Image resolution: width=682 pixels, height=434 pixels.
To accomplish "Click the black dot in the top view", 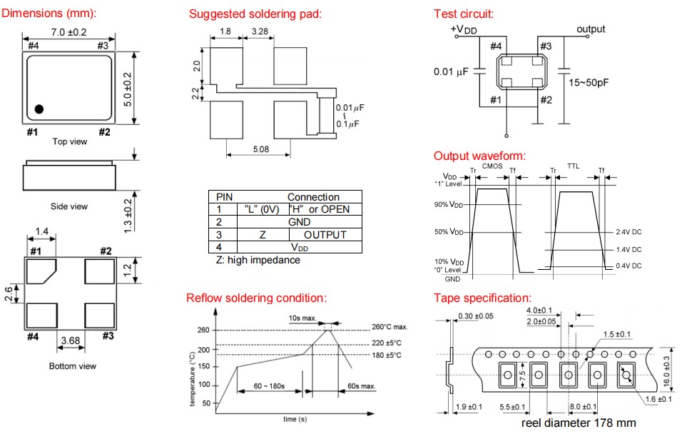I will coord(39,108).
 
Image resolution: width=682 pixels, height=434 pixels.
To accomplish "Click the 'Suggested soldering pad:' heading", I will coord(255,14).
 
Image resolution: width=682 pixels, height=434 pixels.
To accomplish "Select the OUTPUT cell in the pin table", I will coord(325,234).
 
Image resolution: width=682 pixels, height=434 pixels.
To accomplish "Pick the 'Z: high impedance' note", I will coord(258,260).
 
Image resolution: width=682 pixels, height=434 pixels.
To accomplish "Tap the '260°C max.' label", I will coord(390,327).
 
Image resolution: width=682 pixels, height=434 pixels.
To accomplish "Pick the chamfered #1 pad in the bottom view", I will coord(42,272).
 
